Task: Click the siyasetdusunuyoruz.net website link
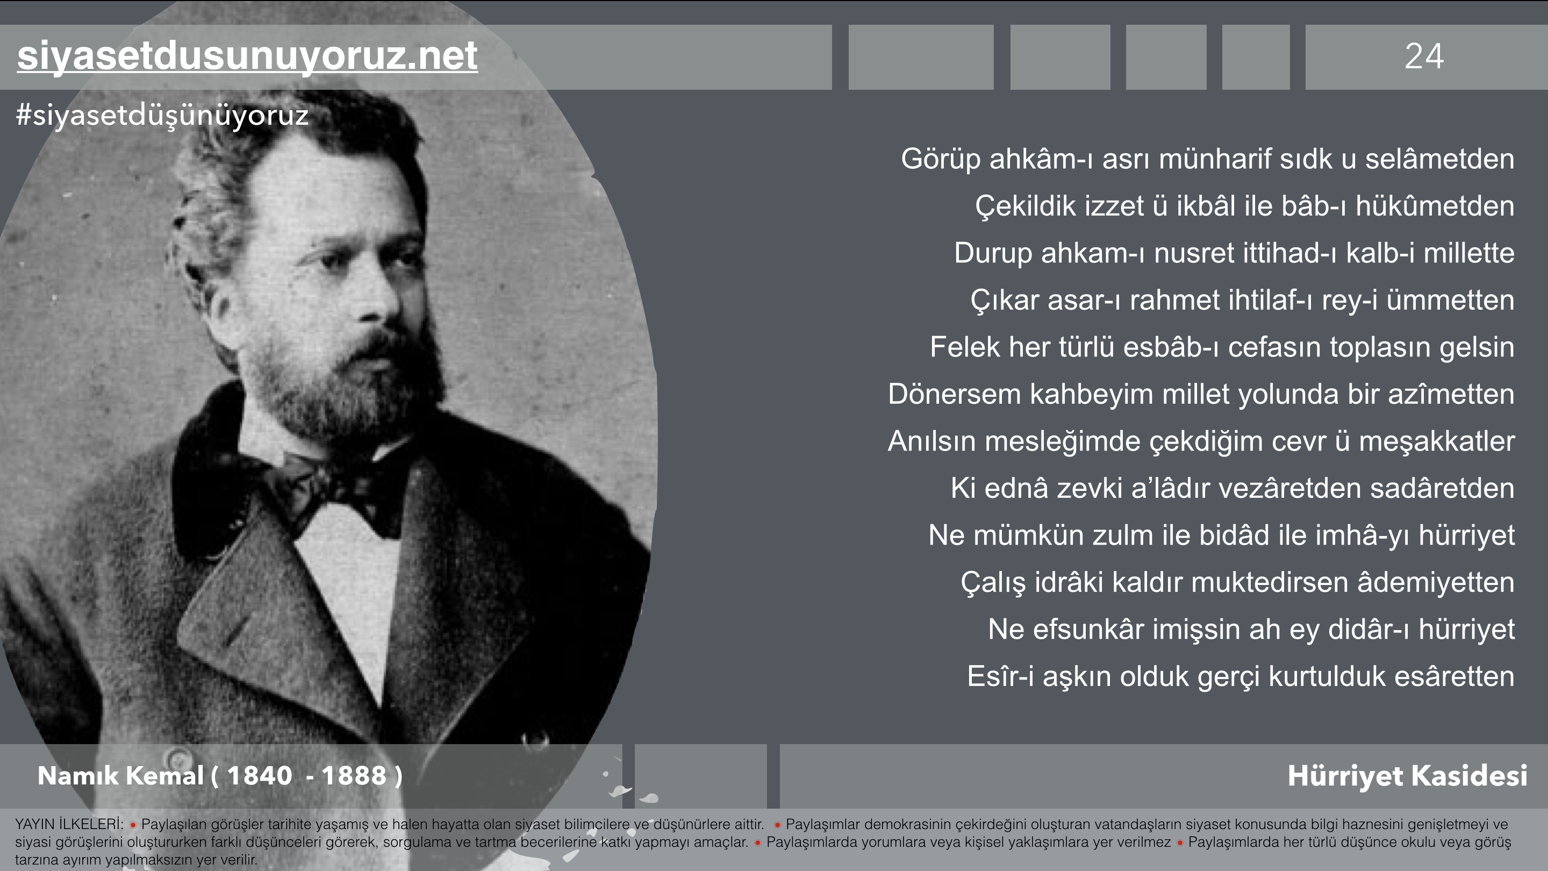248,56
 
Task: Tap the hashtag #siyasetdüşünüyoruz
162,115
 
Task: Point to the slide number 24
1424,56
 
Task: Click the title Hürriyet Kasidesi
1407,775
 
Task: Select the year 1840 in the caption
260,775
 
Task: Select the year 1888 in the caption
354,775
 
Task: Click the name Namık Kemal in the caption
120,775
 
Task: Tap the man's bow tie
336,490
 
